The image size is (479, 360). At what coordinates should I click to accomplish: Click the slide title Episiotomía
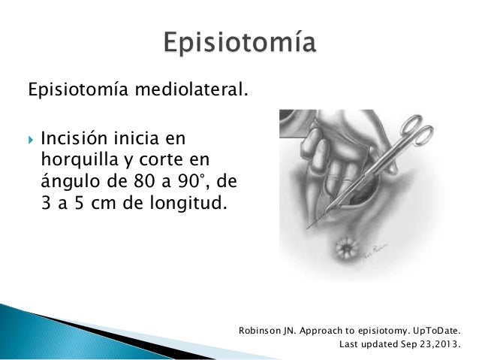239,44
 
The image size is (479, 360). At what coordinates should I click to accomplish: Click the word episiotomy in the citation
377,331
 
